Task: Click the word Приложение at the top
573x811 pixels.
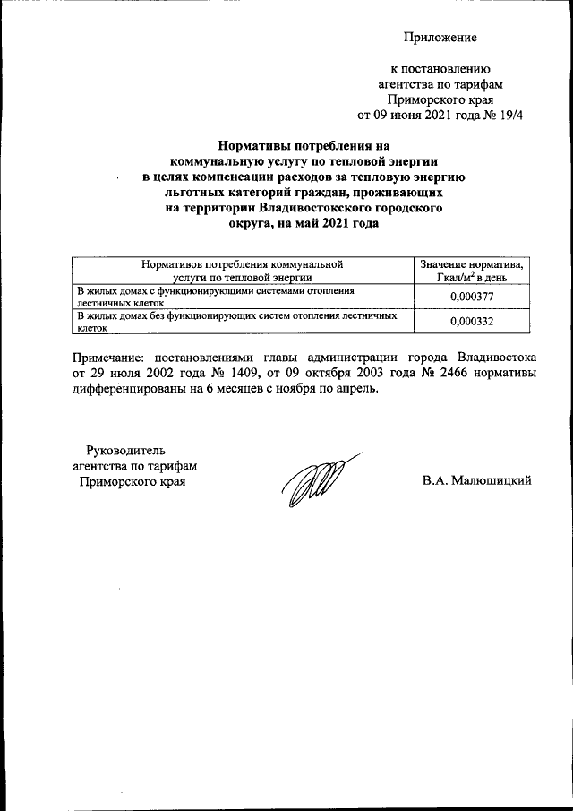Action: point(440,37)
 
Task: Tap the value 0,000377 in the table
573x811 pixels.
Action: point(474,297)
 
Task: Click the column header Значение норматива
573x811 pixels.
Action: point(473,264)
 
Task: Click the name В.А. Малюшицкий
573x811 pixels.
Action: point(477,481)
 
